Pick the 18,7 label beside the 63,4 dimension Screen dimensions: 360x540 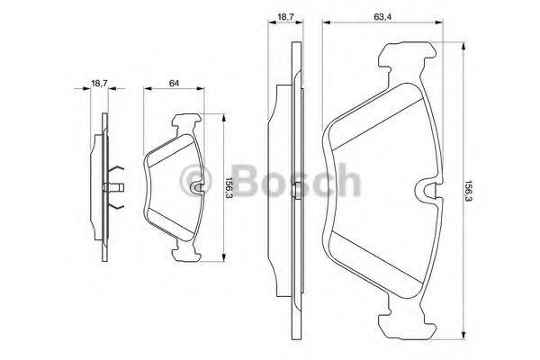point(284,16)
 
